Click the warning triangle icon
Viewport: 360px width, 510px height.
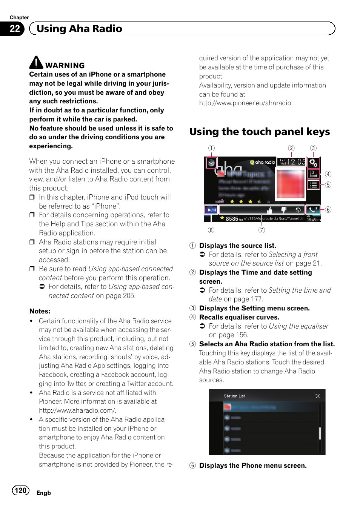[x=36, y=63]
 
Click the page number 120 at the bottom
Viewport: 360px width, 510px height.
[x=20, y=490]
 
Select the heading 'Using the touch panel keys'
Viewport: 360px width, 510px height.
[x=260, y=132]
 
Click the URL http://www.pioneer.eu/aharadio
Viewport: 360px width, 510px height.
[x=245, y=103]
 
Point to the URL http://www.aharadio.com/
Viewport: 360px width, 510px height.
[x=77, y=410]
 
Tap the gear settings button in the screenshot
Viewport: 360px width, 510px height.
[x=313, y=163]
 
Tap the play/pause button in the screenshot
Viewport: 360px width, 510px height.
[x=211, y=210]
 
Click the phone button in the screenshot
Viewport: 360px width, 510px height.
[x=313, y=210]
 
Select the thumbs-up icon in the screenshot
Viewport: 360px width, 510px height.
[x=269, y=210]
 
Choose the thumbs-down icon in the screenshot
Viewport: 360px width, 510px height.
[x=284, y=210]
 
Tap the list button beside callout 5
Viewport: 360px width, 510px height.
[x=313, y=185]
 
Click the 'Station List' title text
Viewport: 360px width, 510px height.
[x=234, y=396]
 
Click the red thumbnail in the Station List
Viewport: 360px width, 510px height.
[x=227, y=407]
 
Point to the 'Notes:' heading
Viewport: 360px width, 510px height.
[x=40, y=311]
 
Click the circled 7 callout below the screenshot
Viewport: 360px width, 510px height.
[x=262, y=230]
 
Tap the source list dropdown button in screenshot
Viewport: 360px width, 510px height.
[x=211, y=163]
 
